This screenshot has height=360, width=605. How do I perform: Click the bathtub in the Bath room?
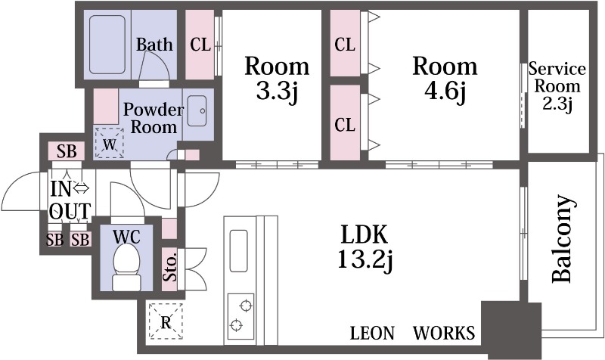107,45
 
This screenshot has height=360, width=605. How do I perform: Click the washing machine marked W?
109,143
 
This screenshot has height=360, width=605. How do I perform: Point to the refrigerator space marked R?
166,321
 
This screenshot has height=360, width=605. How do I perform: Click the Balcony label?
561,239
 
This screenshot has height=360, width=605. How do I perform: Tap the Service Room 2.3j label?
557,86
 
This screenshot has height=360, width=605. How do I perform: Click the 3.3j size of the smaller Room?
278,92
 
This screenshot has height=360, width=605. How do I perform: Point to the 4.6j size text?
445,92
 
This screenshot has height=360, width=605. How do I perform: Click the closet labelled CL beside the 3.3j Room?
200,45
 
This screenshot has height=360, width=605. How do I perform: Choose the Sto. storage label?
169,267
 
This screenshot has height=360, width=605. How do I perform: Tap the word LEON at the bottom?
372,333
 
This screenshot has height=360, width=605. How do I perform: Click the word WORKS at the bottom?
444,333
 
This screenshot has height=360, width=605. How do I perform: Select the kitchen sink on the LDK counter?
238,251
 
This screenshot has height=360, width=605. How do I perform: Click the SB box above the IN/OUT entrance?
67,151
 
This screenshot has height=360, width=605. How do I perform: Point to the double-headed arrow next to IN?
82,188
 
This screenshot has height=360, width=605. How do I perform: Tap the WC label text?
126,237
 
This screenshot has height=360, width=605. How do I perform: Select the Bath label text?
154,45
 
